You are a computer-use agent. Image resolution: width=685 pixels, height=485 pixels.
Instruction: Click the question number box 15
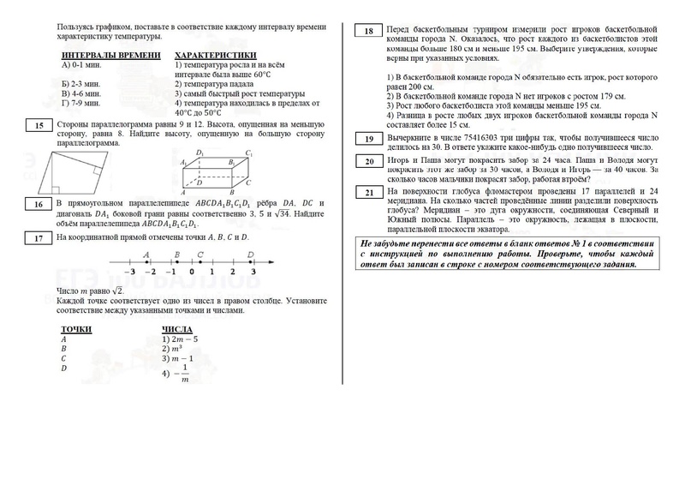39,127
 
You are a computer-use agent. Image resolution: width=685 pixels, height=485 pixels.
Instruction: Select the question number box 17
39,239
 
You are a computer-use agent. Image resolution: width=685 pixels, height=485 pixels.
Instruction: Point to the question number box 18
368,33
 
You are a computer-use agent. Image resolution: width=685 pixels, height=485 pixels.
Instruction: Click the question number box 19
368,139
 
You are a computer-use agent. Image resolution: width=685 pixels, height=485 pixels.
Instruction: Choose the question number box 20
368,161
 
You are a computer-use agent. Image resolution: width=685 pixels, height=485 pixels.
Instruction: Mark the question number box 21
368,194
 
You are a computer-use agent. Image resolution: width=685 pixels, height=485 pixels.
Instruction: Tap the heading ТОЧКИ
76,330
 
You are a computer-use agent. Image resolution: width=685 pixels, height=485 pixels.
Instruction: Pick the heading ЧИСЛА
176,330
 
